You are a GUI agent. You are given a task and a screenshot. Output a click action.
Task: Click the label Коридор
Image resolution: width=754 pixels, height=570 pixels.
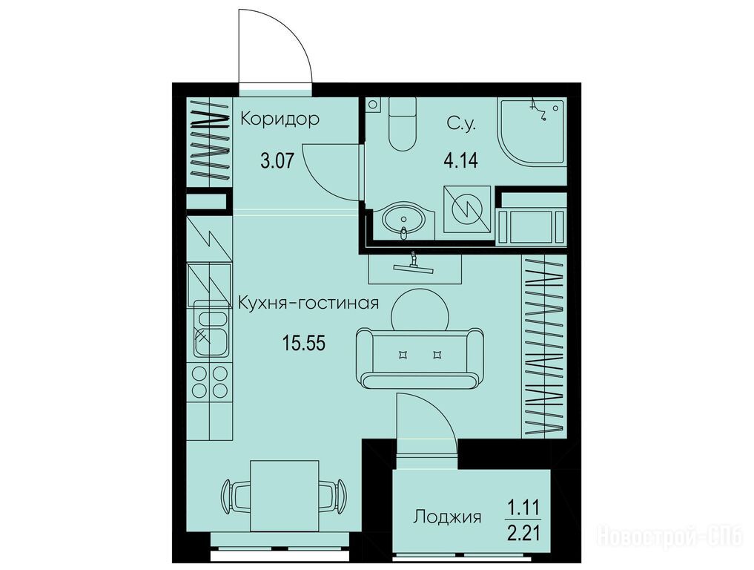[280, 119]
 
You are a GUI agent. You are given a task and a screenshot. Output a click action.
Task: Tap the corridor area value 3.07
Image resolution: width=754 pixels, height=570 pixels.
[277, 160]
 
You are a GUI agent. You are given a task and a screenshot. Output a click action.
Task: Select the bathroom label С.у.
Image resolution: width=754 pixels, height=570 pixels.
[461, 125]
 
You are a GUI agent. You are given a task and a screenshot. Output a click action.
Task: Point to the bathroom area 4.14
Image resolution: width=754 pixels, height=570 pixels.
[460, 160]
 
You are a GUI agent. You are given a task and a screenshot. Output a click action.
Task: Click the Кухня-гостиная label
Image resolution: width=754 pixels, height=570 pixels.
[308, 304]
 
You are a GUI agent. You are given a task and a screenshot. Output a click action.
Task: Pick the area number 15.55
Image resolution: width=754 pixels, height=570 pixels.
[304, 343]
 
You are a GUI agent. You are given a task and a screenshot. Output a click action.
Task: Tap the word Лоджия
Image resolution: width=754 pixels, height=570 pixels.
[447, 517]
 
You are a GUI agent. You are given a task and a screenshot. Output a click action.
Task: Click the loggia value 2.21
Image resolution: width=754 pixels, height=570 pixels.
[523, 534]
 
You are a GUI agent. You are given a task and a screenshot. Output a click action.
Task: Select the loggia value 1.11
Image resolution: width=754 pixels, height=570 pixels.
[523, 508]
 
